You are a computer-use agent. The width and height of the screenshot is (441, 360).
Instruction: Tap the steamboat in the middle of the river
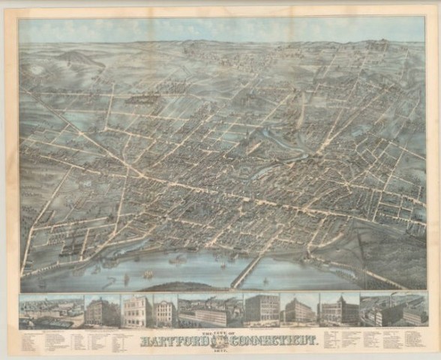coord(178,261)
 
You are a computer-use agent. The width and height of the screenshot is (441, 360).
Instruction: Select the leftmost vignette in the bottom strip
coord(51,310)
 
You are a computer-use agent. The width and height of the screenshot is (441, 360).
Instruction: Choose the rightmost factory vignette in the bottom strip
coord(393,310)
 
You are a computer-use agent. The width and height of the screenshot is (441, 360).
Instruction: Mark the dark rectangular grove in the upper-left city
coord(142,99)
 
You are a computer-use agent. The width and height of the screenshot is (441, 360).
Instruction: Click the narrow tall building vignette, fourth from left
coord(164,310)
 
